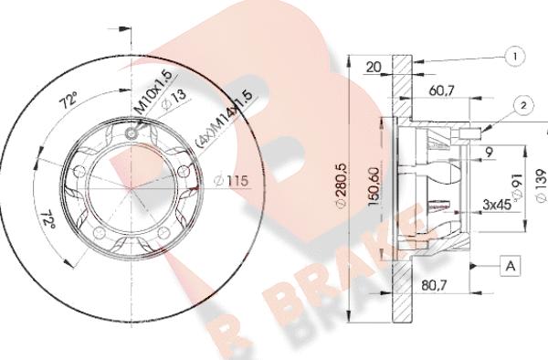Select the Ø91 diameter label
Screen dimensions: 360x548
(515, 187)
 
